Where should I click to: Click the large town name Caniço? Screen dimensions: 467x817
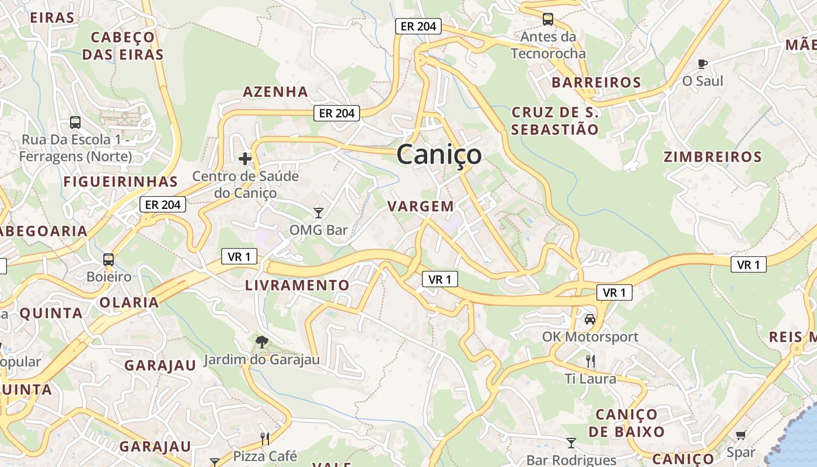(x=439, y=155)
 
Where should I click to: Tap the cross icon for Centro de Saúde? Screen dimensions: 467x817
(x=245, y=158)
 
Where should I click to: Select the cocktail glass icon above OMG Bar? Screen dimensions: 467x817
(x=318, y=212)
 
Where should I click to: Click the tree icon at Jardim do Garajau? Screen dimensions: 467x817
(x=262, y=341)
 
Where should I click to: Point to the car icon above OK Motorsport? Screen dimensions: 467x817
(x=590, y=319)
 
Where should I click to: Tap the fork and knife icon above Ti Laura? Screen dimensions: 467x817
(x=591, y=361)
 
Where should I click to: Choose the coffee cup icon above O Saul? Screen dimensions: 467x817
(x=703, y=64)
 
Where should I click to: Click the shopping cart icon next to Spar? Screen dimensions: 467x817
(x=741, y=435)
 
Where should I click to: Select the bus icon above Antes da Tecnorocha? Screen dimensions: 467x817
(x=547, y=19)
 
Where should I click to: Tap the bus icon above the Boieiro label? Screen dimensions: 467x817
(x=109, y=259)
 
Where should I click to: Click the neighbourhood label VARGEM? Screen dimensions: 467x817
(x=421, y=206)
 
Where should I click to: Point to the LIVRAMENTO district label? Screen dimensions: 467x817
(x=297, y=285)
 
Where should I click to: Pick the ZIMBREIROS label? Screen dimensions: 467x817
(x=713, y=157)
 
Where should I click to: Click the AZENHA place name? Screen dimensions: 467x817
(x=275, y=92)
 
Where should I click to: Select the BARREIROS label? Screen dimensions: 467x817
(x=596, y=82)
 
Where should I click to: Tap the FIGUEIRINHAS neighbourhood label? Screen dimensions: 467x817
(x=120, y=182)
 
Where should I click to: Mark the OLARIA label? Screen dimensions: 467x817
(x=129, y=302)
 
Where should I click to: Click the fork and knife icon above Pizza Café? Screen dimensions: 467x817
(x=264, y=438)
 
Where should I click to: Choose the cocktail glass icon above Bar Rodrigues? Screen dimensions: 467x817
(x=571, y=443)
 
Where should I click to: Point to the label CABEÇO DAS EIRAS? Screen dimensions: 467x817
(x=123, y=46)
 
